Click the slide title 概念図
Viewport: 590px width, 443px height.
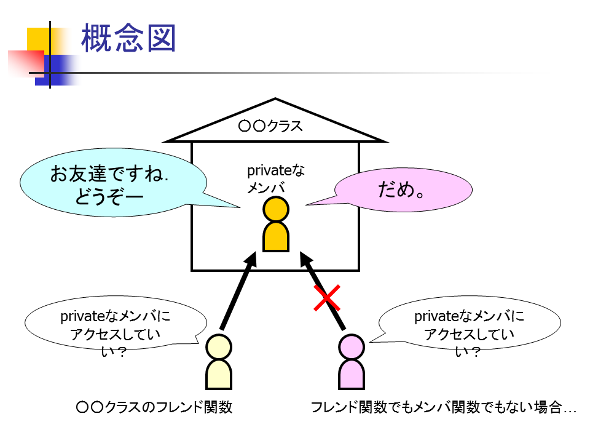tap(128, 38)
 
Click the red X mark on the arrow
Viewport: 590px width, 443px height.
tap(327, 298)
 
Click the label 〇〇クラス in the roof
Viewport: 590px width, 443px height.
tap(270, 127)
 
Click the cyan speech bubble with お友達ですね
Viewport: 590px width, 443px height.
tap(111, 183)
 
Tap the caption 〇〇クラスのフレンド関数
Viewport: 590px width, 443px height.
tap(154, 407)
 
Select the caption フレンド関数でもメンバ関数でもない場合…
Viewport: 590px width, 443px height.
tap(443, 407)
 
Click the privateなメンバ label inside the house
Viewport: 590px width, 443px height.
tap(275, 179)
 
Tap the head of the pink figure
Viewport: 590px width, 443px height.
tap(352, 346)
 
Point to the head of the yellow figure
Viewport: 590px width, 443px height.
tap(219, 346)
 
